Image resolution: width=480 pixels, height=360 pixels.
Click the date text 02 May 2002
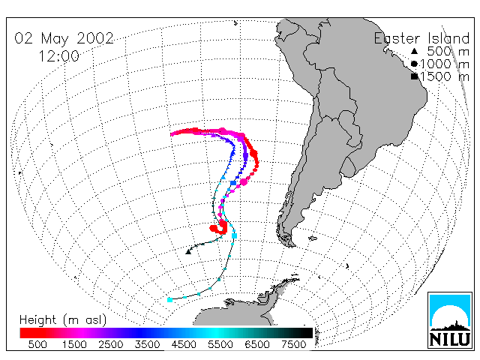64,38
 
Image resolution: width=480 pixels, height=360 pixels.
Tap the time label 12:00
58,56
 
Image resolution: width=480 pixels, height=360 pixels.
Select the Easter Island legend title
421,38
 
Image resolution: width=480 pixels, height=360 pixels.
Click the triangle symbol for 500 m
414,51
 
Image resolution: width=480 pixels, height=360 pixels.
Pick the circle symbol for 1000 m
414,64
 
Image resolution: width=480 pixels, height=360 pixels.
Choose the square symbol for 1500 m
415,76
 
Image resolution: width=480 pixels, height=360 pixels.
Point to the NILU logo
450,320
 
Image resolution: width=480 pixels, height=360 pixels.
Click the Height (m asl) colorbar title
63,320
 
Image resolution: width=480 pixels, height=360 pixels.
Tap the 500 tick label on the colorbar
37,344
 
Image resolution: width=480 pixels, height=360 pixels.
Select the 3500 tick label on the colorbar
147,344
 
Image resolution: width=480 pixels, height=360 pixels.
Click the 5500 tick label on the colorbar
220,344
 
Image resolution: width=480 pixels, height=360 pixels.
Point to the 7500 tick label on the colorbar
294,344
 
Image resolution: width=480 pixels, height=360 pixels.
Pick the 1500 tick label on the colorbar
74,344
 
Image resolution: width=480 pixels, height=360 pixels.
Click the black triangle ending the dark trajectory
188,252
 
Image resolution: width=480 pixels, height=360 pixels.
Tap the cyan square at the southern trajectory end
170,300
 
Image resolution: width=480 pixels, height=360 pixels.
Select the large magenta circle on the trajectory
244,181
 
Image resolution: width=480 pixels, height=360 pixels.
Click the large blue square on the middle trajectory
233,183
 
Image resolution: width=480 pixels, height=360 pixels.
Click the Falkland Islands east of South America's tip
312,238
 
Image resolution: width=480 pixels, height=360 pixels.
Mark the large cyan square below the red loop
235,235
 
